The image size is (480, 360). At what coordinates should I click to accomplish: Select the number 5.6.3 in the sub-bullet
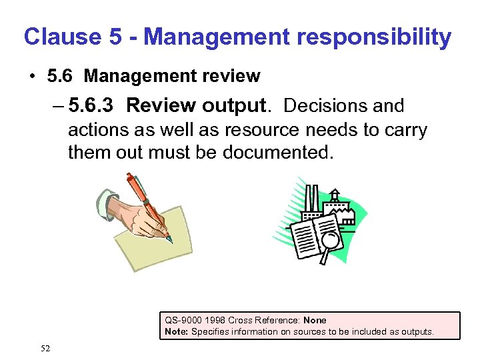point(93,106)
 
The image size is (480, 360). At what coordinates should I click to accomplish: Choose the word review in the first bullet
point(229,76)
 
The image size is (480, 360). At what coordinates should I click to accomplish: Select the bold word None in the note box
point(315,320)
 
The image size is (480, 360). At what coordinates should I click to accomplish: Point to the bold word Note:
point(177,331)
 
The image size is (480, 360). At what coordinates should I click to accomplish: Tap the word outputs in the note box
point(417,331)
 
